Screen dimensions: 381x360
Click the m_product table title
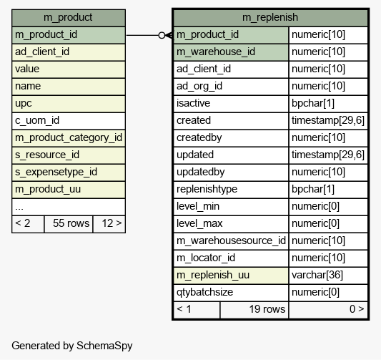68,17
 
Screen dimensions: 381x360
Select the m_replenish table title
270,17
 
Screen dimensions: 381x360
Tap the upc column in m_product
69,104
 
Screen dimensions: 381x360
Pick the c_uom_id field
69,121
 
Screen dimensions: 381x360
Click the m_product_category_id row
69,138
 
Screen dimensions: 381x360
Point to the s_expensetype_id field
69,172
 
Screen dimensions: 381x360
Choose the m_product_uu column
69,190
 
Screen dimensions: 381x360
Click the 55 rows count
71,223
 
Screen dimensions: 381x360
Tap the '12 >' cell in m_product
109,224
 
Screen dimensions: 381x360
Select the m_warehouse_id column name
216,52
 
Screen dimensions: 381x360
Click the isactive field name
193,103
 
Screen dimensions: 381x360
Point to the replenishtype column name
207,189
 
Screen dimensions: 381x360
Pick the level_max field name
199,223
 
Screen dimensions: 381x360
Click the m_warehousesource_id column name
231,240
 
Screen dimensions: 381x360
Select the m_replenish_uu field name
213,275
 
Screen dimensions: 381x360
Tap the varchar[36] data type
317,275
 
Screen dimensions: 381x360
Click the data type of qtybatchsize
315,293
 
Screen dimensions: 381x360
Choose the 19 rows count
267,309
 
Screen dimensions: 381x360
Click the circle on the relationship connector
162,36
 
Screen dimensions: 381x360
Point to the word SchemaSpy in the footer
104,346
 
